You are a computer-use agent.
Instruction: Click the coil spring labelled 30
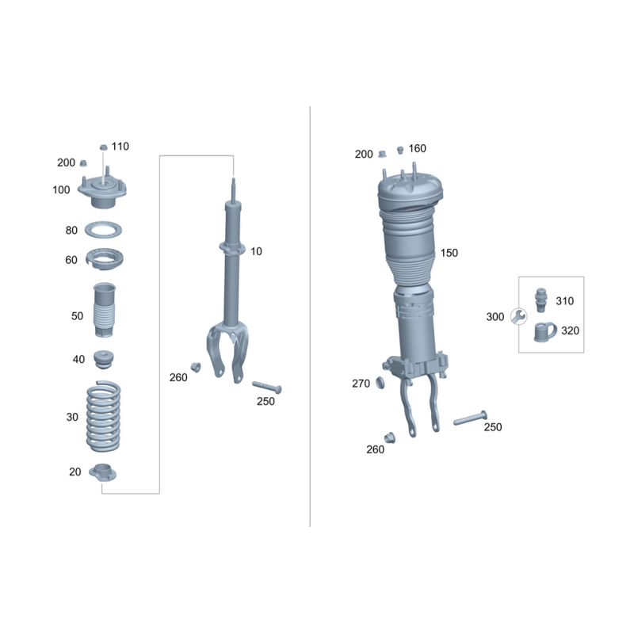click(x=104, y=417)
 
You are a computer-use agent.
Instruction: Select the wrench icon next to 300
click(x=518, y=316)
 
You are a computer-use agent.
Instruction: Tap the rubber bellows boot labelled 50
click(x=105, y=310)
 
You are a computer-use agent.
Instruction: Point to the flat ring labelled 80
click(x=103, y=230)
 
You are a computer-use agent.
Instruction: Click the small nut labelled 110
click(x=104, y=147)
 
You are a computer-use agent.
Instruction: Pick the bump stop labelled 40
click(x=104, y=360)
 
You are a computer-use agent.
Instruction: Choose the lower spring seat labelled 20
click(x=103, y=472)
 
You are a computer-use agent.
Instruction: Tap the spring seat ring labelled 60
click(x=105, y=259)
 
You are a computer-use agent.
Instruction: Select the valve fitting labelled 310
click(x=540, y=300)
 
